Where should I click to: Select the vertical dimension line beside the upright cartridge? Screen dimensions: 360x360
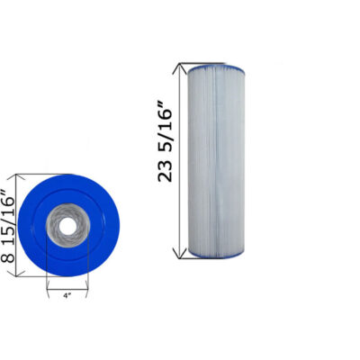pos(183,162)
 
